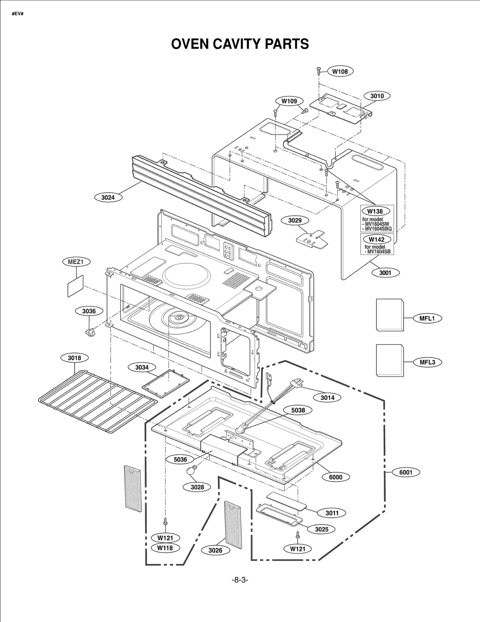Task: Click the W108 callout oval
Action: click(x=340, y=71)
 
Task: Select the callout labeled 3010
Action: click(x=377, y=96)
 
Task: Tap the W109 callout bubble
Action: click(x=289, y=101)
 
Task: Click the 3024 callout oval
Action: click(x=108, y=197)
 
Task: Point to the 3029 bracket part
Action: click(x=312, y=239)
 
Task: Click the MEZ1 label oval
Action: click(x=76, y=262)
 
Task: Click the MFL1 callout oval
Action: click(x=427, y=318)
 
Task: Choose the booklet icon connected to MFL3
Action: click(x=389, y=360)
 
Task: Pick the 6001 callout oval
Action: click(x=406, y=472)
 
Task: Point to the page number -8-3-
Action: click(x=240, y=580)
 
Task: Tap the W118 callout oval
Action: click(x=165, y=548)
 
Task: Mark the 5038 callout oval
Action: click(x=298, y=410)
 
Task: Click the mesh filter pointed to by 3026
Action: click(x=233, y=525)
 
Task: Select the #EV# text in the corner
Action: click(x=17, y=14)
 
